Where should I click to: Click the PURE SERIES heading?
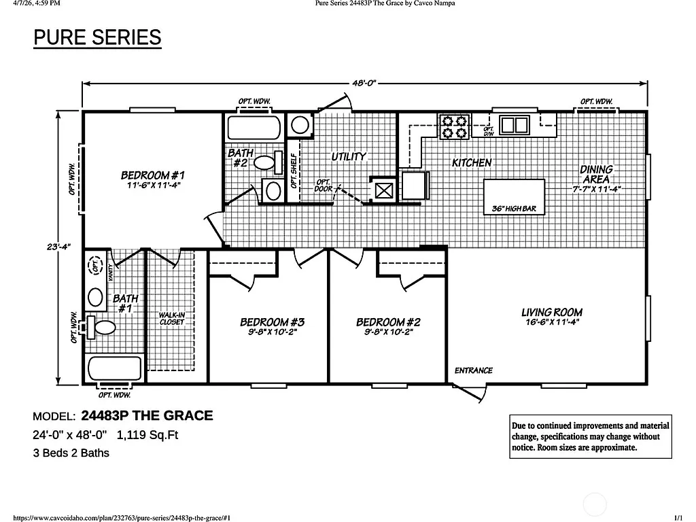(97, 37)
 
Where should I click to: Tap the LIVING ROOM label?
(551, 313)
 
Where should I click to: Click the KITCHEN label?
(472, 162)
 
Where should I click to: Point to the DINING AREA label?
(596, 174)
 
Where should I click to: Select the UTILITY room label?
(349, 156)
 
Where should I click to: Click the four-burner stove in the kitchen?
(454, 126)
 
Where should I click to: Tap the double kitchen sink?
(515, 125)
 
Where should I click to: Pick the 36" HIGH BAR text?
(514, 209)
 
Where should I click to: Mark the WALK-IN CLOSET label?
(171, 318)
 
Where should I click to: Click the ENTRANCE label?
(473, 370)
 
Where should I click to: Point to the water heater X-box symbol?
(383, 190)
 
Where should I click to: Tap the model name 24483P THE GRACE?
(147, 415)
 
